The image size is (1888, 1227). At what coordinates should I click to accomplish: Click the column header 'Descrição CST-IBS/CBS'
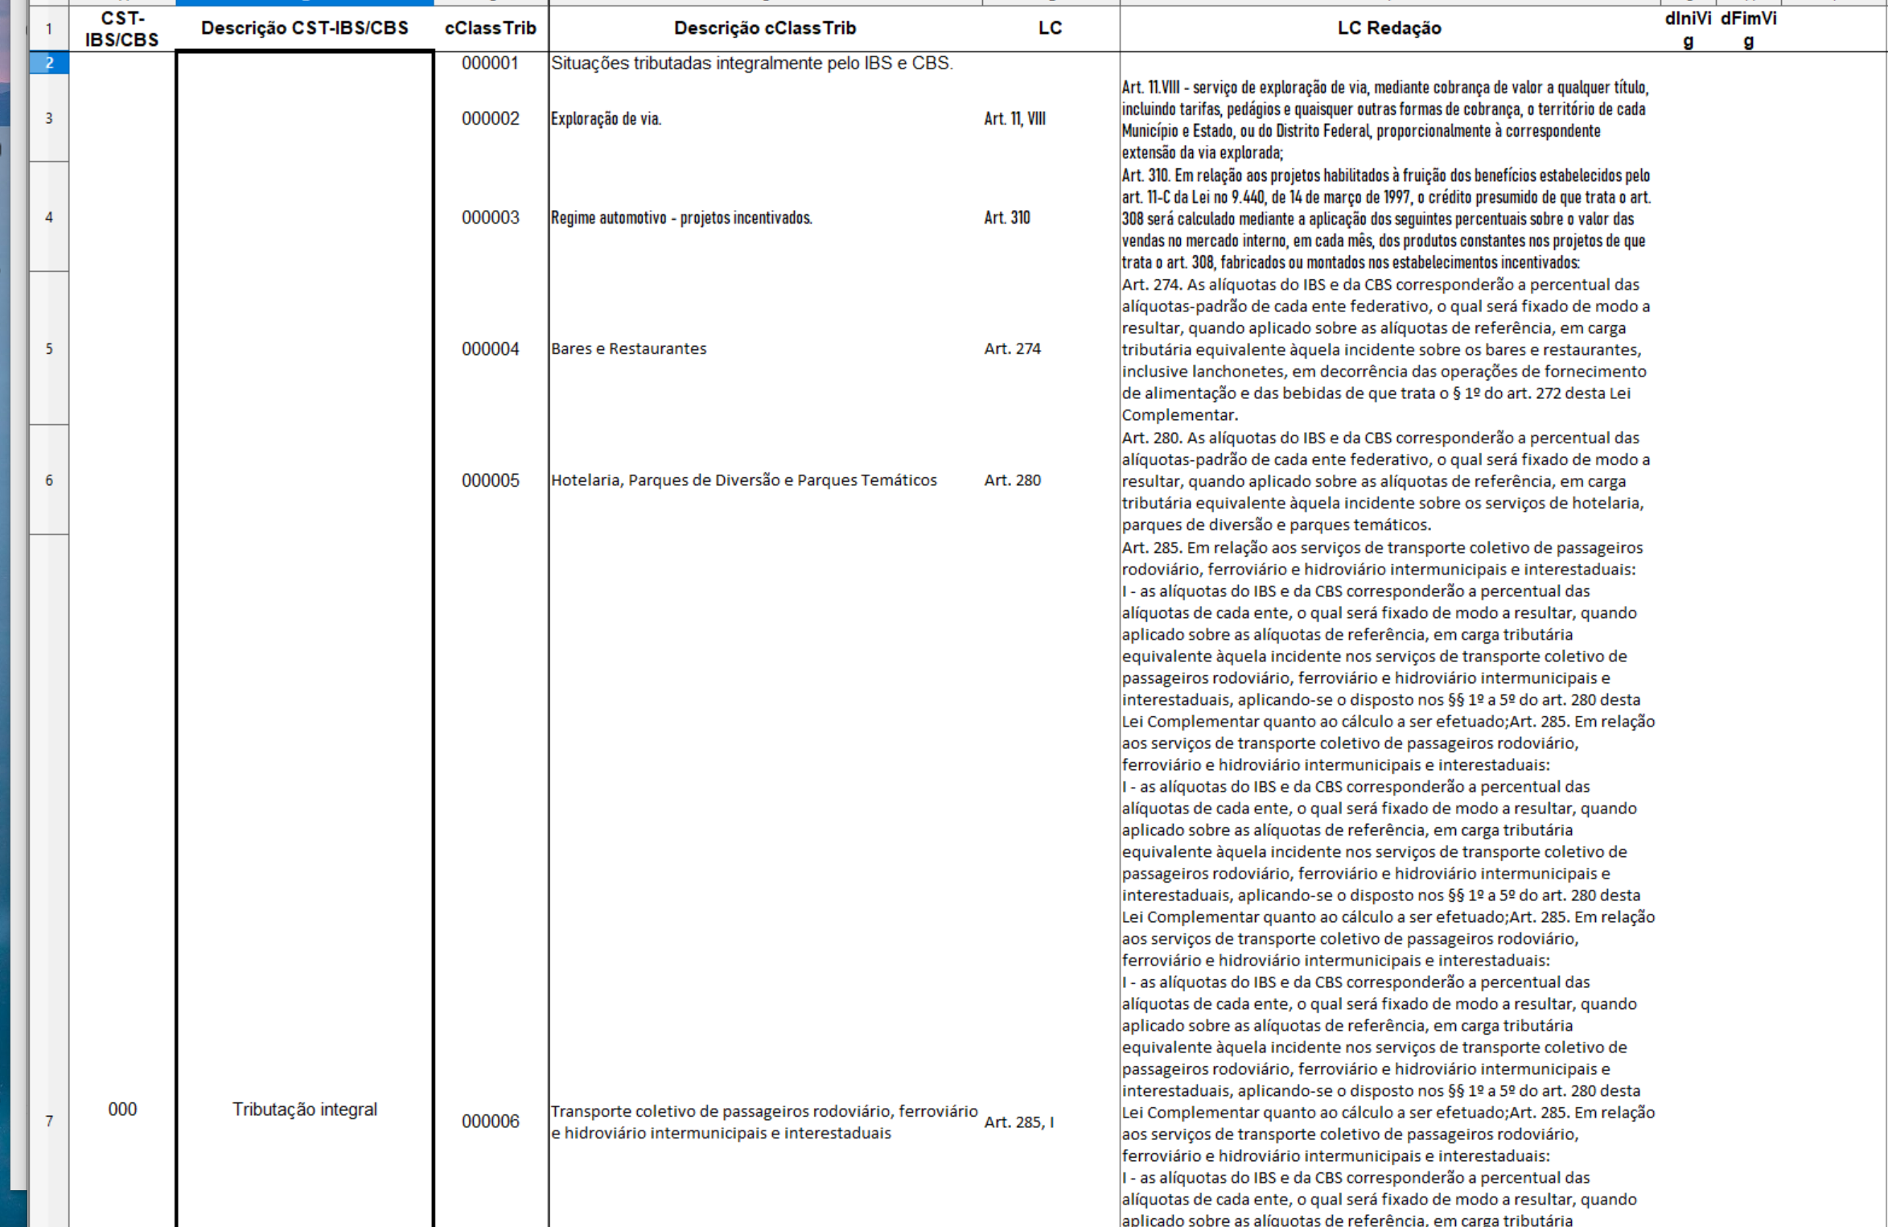[304, 28]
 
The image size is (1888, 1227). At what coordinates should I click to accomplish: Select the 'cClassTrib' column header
[490, 28]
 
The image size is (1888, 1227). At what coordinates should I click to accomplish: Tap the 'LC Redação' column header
[1388, 28]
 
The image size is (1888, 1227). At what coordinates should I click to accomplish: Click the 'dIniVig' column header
[1688, 29]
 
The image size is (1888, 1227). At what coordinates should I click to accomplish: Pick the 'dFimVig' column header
[1748, 29]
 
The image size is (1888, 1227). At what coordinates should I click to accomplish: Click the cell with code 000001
[490, 64]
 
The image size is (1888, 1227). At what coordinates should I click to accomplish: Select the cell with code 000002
[490, 119]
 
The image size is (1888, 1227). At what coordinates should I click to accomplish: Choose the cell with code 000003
[490, 218]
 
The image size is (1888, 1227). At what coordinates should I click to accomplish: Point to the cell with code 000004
[490, 349]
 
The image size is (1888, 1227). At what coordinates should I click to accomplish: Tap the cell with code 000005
[490, 480]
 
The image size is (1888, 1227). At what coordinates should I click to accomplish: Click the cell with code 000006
[490, 1122]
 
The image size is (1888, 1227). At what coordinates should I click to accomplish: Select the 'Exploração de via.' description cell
[606, 119]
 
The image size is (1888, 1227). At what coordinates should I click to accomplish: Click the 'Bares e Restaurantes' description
[628, 349]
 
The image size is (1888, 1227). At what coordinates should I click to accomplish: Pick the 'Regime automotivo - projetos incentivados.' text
[681, 218]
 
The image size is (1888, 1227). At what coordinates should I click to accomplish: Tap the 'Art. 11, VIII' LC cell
[1014, 119]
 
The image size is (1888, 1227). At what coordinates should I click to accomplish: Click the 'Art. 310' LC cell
[1006, 218]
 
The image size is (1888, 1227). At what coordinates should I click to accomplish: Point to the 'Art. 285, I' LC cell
[1018, 1122]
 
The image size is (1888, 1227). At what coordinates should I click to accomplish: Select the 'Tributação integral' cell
[304, 1110]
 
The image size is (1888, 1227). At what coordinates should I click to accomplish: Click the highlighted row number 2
[49, 63]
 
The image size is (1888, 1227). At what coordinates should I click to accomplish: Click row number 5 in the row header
[49, 349]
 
